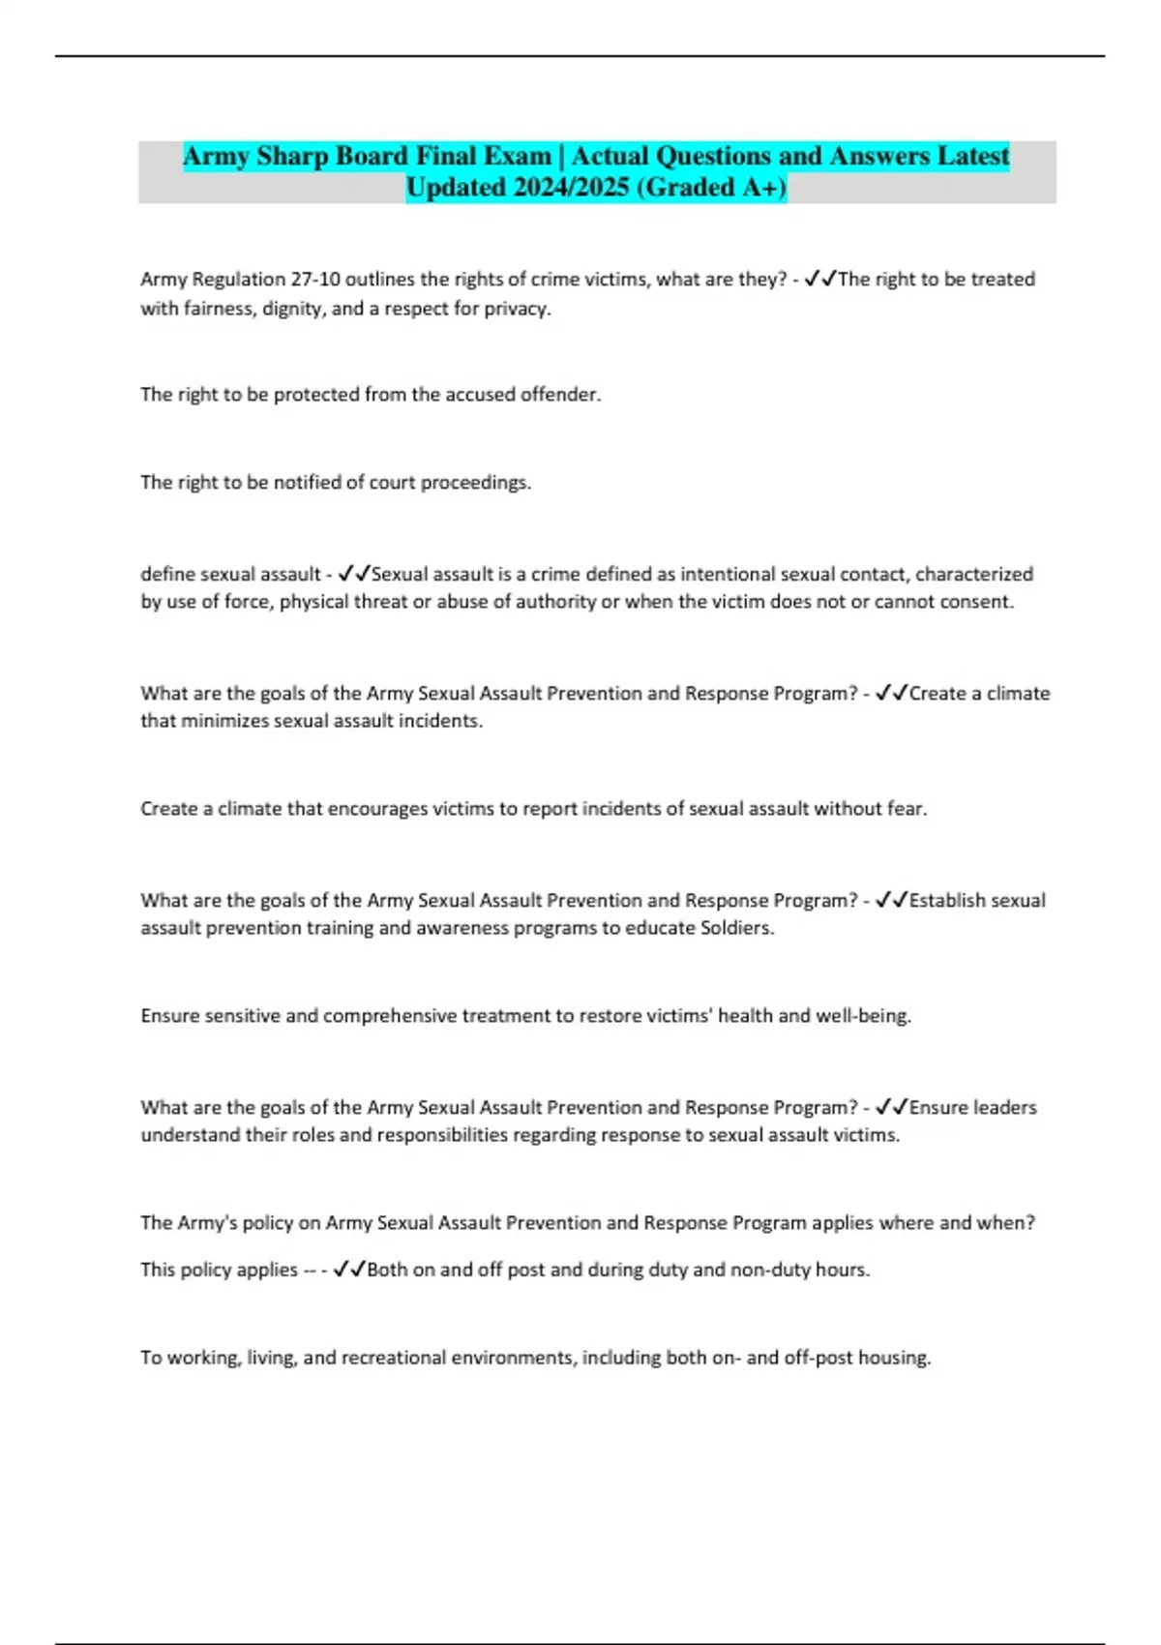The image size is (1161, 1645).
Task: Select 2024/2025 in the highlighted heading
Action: point(571,188)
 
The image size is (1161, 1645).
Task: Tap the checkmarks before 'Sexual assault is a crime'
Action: point(354,574)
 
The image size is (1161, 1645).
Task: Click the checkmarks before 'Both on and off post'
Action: point(349,1270)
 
